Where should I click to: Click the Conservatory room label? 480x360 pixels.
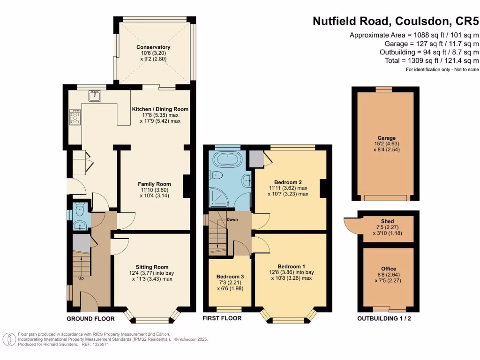click(x=153, y=47)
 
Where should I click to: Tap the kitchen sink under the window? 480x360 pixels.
click(x=95, y=96)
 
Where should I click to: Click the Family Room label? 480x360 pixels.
click(x=154, y=184)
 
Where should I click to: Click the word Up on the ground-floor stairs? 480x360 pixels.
click(x=81, y=278)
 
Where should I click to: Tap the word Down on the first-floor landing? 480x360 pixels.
click(x=232, y=219)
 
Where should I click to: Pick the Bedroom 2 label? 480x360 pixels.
click(x=287, y=182)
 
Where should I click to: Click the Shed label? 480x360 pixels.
click(x=388, y=221)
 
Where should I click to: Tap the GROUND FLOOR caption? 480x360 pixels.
click(x=90, y=319)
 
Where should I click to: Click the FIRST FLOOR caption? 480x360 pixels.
click(x=222, y=319)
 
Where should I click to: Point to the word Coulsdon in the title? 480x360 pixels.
click(x=423, y=21)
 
